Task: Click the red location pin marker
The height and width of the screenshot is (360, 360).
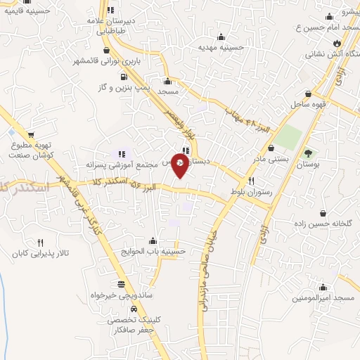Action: point(181,165)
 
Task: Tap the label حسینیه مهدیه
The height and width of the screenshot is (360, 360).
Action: point(222,48)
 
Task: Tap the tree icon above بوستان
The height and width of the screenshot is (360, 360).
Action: point(307,153)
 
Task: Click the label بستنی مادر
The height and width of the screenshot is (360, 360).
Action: point(271,160)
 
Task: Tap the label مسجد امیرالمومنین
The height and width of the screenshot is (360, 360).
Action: point(323,298)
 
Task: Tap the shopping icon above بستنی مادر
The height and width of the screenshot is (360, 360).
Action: point(272,148)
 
